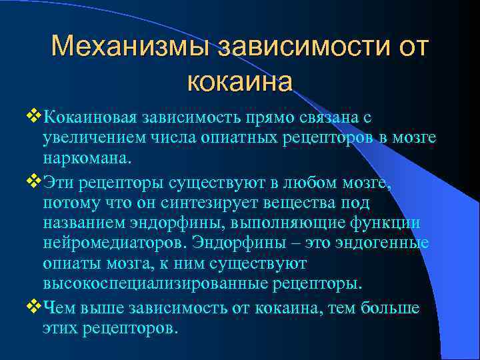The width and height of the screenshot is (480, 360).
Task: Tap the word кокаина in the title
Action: coord(240,83)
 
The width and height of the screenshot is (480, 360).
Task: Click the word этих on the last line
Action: coord(60,328)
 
